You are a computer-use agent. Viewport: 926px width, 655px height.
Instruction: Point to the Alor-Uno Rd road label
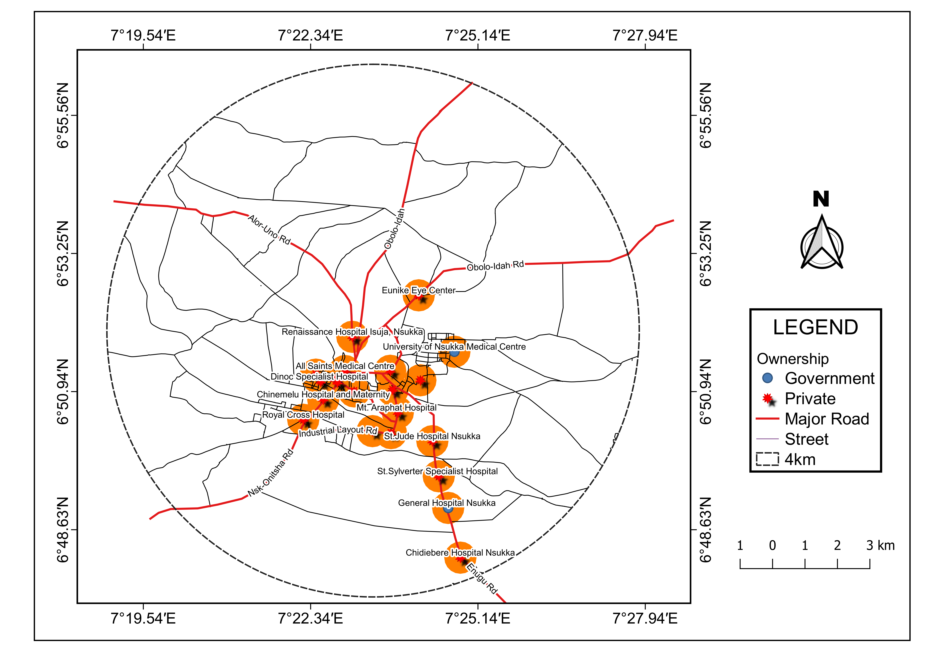pos(269,230)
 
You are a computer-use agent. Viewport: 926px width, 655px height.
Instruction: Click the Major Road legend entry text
pos(827,419)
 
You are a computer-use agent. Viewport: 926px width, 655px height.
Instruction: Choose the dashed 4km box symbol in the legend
pos(767,459)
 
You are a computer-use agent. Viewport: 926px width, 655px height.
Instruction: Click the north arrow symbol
pos(822,242)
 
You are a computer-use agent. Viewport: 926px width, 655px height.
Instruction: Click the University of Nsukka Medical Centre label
pos(454,347)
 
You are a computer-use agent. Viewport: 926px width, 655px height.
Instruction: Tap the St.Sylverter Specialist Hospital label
pos(437,471)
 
